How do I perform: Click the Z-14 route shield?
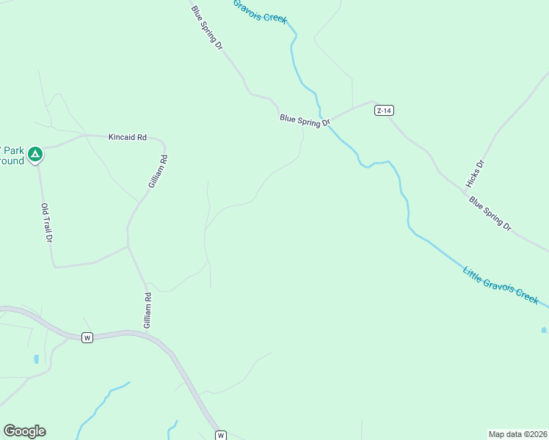(x=384, y=111)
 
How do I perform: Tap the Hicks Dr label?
(x=475, y=173)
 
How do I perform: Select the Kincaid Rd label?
(x=128, y=137)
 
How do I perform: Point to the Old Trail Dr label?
(x=47, y=223)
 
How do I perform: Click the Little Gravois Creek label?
(x=501, y=286)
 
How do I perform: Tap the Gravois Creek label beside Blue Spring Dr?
(x=260, y=11)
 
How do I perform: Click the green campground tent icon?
(x=35, y=154)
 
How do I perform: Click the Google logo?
(x=24, y=431)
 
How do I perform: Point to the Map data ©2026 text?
(x=517, y=434)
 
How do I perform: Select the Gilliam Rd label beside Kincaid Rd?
(x=157, y=172)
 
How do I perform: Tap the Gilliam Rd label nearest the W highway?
(x=148, y=311)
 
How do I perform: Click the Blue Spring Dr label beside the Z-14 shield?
(x=305, y=120)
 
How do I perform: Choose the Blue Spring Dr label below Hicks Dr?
(x=490, y=213)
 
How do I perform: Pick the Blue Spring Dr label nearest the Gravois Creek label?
(x=206, y=27)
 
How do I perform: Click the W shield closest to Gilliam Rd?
(x=87, y=337)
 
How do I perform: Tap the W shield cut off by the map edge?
(x=221, y=435)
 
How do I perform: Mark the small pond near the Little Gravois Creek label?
(x=544, y=330)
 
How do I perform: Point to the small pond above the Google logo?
(x=36, y=359)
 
